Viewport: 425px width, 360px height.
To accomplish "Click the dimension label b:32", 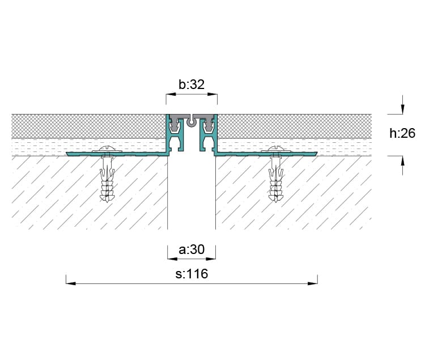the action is click(192, 84).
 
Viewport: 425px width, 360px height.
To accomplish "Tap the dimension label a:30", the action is click(192, 249).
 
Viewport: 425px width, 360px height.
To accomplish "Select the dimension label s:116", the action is click(192, 274).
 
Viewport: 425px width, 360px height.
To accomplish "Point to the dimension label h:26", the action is click(402, 133).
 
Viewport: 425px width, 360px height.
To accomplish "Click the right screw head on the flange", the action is click(275, 149).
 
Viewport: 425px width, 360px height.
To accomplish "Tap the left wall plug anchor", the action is click(107, 179).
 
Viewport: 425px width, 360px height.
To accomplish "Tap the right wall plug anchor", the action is click(275, 179).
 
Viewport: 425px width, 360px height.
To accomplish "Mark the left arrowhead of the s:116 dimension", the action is click(71, 283).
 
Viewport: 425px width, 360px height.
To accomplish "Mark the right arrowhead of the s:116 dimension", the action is click(313, 283).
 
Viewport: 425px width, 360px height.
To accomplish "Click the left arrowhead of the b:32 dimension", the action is click(171, 94).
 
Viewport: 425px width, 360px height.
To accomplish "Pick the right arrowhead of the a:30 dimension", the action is click(211, 259).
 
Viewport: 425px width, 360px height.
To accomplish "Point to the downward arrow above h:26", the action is click(402, 104).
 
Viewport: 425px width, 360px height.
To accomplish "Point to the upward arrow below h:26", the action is click(402, 166).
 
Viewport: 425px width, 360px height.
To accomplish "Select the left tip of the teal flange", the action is click(66, 154).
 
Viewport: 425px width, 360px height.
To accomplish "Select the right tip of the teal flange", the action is click(317, 154).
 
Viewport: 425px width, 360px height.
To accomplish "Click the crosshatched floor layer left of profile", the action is click(88, 126).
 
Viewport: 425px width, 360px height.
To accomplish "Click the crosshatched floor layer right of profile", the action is click(294, 126).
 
